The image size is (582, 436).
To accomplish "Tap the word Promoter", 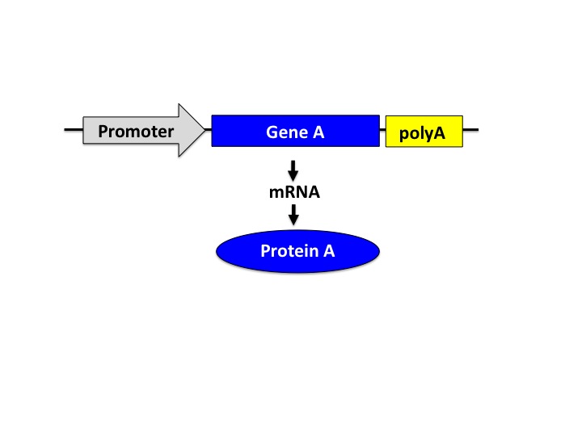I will [x=136, y=130].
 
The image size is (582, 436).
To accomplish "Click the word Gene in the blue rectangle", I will [x=282, y=132].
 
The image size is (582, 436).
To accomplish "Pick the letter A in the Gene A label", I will [x=318, y=132].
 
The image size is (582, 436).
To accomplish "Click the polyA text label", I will [x=423, y=132].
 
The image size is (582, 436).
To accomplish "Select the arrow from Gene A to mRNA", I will [x=293, y=170].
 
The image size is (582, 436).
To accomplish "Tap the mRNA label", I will [x=294, y=193].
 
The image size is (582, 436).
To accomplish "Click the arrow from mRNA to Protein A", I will [x=294, y=214].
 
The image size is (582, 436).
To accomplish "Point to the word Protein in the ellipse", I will [x=286, y=251].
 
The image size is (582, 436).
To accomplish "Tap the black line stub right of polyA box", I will [x=470, y=130].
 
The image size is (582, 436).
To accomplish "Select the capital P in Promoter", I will [x=103, y=130].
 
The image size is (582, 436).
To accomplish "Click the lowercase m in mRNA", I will [x=276, y=193].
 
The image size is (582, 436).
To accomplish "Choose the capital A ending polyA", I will [x=440, y=132].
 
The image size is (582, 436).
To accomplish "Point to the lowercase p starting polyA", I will [x=404, y=133].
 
